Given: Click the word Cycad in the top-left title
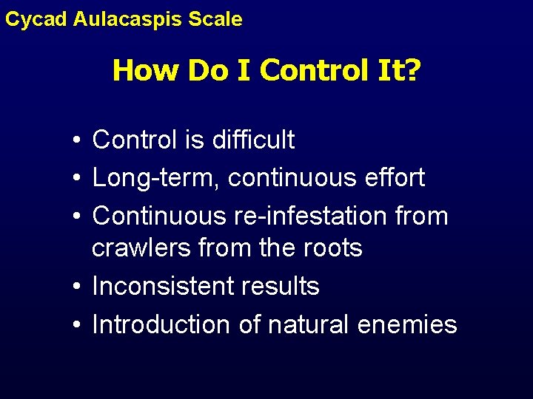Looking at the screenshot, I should click(x=36, y=19).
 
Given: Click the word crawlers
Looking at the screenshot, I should click(x=141, y=248).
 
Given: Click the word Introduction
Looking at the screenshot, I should click(x=161, y=324).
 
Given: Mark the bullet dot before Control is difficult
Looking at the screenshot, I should click(x=77, y=140).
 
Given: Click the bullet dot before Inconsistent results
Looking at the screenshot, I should click(x=77, y=287).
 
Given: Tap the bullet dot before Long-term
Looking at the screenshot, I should click(x=77, y=178).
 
